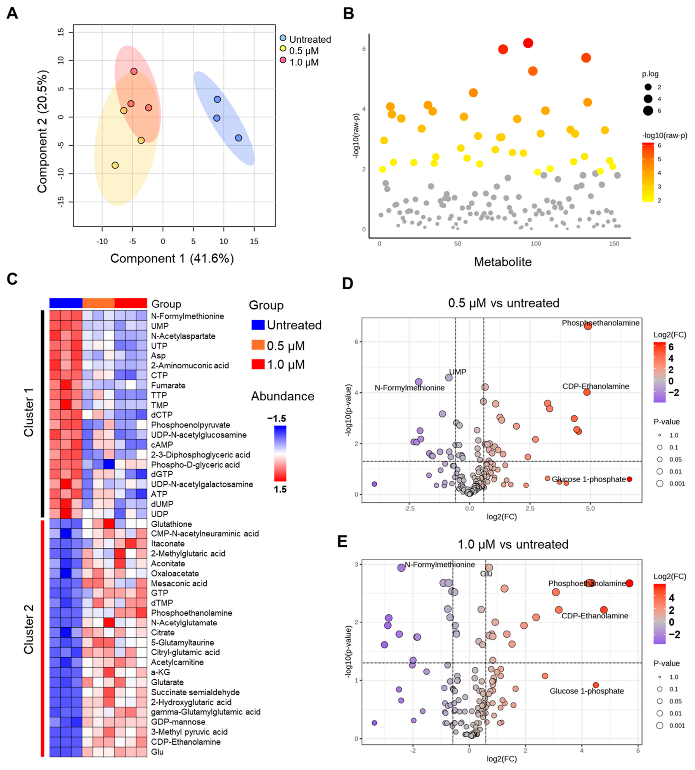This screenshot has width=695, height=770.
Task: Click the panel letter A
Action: click(12, 13)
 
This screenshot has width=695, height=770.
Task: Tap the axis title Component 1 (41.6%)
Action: click(172, 258)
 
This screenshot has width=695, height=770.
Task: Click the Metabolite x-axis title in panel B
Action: click(503, 262)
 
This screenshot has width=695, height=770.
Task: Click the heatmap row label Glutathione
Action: click(171, 524)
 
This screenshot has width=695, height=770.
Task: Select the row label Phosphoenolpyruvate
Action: click(191, 425)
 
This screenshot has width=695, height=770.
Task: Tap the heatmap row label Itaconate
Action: click(168, 544)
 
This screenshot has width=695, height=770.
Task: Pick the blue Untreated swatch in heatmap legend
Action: click(258, 325)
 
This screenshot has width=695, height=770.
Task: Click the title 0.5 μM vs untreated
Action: click(504, 303)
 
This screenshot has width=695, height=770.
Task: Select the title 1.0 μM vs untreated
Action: click(513, 544)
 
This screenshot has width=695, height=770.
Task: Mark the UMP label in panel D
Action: click(458, 372)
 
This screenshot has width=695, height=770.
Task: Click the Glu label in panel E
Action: click(486, 574)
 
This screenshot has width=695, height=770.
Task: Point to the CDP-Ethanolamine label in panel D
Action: click(595, 386)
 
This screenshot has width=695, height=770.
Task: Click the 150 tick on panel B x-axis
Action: click(614, 244)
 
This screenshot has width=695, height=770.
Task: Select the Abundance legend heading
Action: click(283, 396)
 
